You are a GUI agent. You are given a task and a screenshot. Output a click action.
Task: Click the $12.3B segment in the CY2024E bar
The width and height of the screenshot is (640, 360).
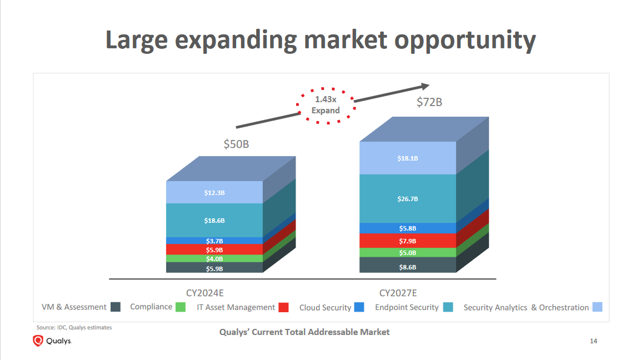click(x=214, y=193)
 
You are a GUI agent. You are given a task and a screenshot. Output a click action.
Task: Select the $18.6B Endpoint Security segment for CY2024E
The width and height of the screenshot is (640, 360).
click(x=214, y=221)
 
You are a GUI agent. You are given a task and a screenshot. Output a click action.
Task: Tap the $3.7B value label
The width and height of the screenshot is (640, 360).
click(x=214, y=241)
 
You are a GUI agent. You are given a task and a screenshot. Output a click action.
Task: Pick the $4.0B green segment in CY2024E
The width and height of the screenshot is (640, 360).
click(x=214, y=259)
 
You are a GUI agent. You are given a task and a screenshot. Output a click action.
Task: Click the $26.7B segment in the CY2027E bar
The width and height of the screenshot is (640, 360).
click(x=407, y=199)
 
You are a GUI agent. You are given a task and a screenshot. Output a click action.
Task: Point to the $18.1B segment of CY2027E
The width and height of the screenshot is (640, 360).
click(x=407, y=158)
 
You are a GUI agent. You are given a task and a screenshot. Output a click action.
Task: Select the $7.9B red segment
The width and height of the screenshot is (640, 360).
click(x=407, y=241)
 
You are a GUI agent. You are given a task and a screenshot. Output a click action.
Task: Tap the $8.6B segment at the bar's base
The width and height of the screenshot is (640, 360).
click(x=407, y=267)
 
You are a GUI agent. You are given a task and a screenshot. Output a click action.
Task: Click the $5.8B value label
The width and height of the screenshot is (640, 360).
click(x=407, y=228)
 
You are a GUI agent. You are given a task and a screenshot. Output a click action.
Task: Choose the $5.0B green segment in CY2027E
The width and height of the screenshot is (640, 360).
click(x=407, y=253)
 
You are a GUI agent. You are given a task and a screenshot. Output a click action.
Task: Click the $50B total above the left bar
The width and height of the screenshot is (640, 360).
click(x=236, y=144)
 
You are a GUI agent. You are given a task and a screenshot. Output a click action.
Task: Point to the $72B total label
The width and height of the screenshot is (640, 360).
click(x=429, y=102)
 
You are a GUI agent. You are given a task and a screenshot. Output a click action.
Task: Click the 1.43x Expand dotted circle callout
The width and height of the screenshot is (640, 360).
click(x=326, y=105)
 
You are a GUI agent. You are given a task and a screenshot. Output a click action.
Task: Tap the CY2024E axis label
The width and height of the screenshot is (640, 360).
click(x=208, y=293)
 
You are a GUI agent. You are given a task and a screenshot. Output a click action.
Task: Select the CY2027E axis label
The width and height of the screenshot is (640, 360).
click(x=398, y=293)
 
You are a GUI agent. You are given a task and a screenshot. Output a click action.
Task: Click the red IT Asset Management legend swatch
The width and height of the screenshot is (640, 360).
click(x=283, y=307)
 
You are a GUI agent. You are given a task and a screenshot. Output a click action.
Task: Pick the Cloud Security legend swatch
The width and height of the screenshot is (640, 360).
click(x=359, y=307)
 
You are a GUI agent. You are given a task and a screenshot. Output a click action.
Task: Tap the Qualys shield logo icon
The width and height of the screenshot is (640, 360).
click(x=38, y=341)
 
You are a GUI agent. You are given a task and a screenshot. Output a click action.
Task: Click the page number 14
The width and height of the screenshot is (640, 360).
click(x=593, y=341)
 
